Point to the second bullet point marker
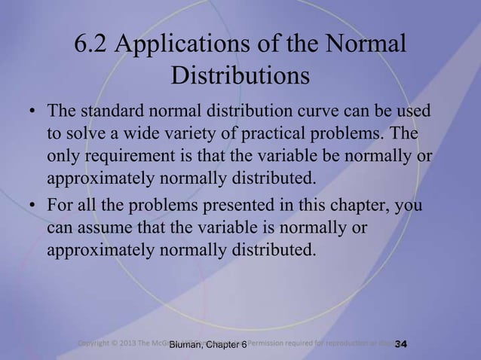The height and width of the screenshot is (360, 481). (33, 206)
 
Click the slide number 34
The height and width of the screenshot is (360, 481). (400, 345)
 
